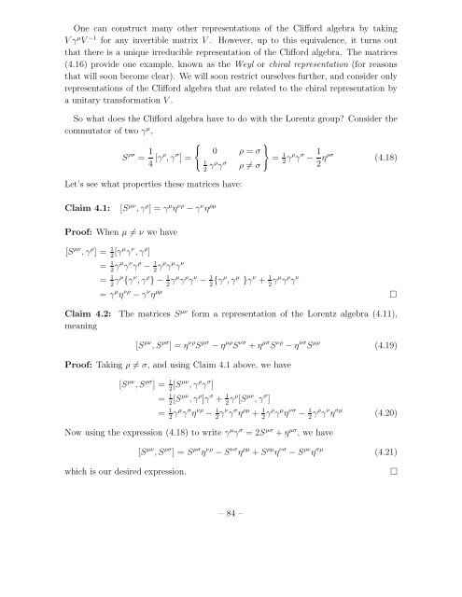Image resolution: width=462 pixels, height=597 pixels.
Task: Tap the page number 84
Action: tap(231, 563)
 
